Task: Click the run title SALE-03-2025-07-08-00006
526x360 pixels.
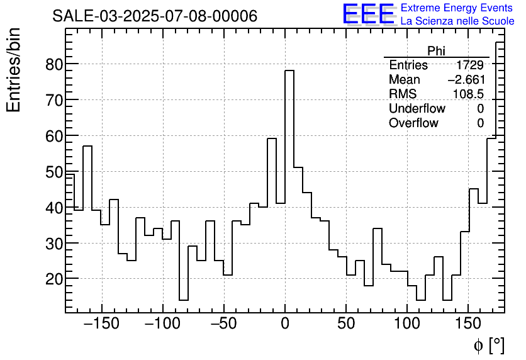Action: click(x=154, y=16)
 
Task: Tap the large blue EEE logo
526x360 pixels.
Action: click(x=368, y=14)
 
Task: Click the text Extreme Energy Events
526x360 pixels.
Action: click(x=457, y=8)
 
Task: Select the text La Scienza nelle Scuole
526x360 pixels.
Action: click(x=457, y=21)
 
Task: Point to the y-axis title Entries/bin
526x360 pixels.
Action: click(x=14, y=70)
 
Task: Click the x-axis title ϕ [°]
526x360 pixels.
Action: click(x=488, y=345)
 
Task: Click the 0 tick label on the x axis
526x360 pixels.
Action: click(x=285, y=324)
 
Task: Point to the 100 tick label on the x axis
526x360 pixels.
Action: click(x=407, y=324)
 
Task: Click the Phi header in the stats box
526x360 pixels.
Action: click(x=436, y=51)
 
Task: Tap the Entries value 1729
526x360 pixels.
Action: click(x=470, y=65)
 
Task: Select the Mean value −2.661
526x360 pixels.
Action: click(x=466, y=80)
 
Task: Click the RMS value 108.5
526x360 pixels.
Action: click(x=469, y=94)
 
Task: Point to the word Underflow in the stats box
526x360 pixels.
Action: click(x=417, y=109)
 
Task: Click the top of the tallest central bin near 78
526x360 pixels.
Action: click(x=289, y=70)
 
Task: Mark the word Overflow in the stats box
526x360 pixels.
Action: click(x=413, y=123)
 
